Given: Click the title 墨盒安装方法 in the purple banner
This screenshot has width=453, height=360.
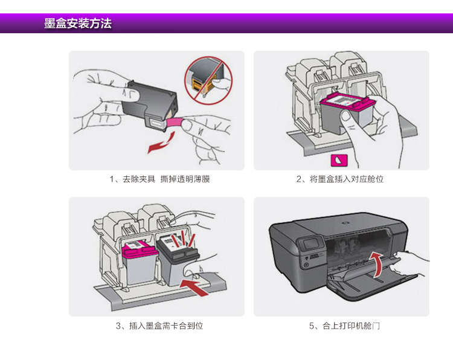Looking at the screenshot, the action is pos(78,23).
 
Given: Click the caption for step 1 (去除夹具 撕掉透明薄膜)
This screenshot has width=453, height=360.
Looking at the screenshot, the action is pos(159,179).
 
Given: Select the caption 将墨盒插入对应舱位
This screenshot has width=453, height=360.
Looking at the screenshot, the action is pos(340,179).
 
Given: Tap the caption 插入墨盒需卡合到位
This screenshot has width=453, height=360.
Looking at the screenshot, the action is pos(159,326).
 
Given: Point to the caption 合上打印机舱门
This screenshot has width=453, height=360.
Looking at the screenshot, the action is pos(344,326).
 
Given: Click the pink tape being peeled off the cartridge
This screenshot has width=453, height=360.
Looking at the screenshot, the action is pos(175,123).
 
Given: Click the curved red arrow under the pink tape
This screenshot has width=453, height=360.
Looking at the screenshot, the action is pos(162,143).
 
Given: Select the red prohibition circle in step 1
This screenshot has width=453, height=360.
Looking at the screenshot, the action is pos(208,80).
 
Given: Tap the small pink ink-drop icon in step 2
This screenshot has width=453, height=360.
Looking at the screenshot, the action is pos(339,160).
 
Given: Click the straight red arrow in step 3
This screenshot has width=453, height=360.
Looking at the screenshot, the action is pos(194,287).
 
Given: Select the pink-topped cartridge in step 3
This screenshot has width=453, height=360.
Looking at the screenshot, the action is pos(141,262).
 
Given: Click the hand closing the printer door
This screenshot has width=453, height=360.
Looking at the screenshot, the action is pos(410,263).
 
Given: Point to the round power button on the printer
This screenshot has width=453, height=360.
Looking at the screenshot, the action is pos(306,265).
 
